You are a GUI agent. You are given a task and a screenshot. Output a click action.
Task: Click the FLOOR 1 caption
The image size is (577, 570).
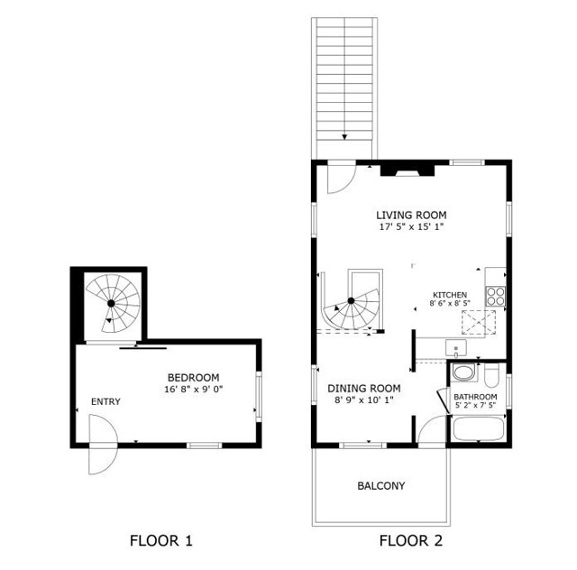(161, 541)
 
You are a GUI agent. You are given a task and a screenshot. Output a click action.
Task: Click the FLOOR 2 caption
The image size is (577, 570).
(411, 541)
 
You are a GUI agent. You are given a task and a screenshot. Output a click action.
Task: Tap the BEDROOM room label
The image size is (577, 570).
(193, 377)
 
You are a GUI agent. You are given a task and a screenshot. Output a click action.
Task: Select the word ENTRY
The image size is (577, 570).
(105, 401)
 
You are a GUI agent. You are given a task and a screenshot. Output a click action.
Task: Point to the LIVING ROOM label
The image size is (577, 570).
(411, 215)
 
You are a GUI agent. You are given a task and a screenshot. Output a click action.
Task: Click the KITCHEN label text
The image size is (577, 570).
(450, 295)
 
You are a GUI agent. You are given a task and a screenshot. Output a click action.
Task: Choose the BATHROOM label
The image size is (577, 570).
(475, 397)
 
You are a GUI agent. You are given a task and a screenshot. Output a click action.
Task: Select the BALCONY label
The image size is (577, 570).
(380, 486)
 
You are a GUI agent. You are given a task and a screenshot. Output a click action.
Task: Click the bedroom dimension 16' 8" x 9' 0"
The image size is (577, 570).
(193, 390)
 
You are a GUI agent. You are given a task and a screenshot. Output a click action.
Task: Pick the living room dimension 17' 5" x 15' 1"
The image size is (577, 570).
(411, 227)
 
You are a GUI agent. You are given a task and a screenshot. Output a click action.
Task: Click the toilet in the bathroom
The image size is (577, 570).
(493, 373)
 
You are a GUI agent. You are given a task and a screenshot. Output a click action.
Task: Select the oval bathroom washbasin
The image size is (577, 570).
(464, 373)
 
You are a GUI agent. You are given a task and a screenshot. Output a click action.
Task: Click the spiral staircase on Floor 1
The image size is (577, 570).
(114, 304)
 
